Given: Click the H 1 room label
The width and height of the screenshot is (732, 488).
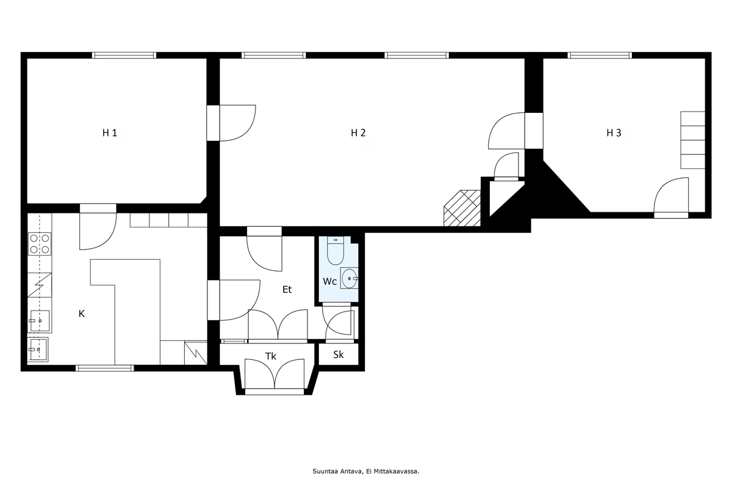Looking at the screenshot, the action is click(x=110, y=133).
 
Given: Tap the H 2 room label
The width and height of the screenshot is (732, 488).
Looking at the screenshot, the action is click(x=358, y=133).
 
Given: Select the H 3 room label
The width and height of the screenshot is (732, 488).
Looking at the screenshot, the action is click(x=614, y=133).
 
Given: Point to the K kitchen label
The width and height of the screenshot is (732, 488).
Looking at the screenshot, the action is click(x=82, y=314).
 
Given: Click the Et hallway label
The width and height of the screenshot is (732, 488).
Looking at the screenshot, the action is click(x=287, y=289).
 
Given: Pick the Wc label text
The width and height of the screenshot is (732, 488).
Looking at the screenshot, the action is click(x=330, y=281).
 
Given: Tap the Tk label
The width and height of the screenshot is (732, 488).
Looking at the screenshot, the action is click(x=271, y=356).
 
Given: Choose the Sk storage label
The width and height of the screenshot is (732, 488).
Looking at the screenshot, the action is click(x=338, y=354).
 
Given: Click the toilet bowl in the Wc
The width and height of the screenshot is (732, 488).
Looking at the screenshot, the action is click(x=335, y=251).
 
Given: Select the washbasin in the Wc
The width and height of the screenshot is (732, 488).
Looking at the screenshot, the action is click(x=349, y=278).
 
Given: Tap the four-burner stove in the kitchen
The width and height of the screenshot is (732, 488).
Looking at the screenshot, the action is click(x=40, y=244).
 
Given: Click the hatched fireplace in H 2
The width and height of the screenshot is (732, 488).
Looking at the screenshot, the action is click(x=462, y=208).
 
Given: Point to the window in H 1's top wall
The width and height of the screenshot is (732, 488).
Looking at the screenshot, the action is click(x=124, y=56).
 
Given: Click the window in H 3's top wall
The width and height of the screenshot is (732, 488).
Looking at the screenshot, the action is click(x=600, y=56).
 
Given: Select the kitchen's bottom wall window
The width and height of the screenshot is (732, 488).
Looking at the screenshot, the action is click(x=105, y=368).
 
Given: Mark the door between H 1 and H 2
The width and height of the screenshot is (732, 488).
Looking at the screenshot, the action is click(x=231, y=123).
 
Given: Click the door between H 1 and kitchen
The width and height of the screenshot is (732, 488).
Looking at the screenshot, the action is click(x=98, y=227).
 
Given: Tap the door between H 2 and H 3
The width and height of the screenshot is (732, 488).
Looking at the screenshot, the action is click(x=515, y=131).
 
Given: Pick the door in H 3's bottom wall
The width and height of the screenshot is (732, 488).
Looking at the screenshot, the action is click(x=671, y=198).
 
